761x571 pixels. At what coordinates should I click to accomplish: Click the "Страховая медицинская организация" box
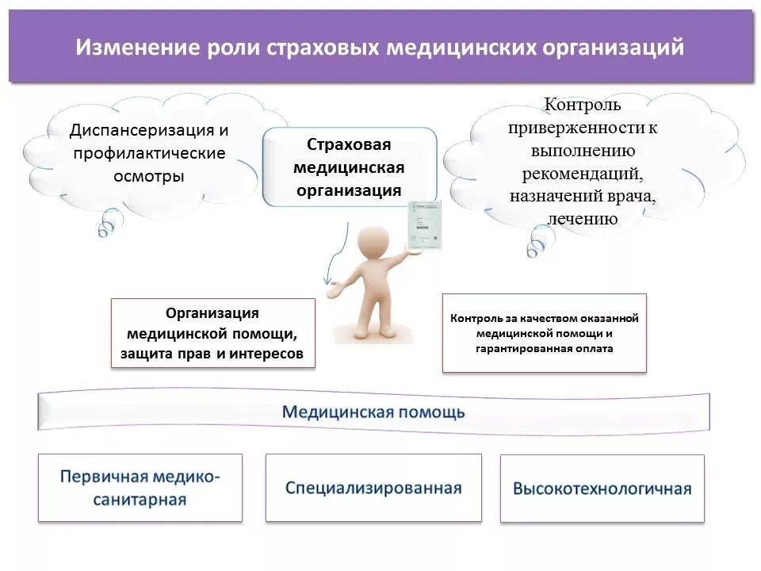pos(349,168)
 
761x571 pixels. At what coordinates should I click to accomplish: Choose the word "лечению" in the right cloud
pos(583,220)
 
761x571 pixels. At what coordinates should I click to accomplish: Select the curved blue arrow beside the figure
pos(338,254)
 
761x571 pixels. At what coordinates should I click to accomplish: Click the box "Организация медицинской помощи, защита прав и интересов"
pos(212,333)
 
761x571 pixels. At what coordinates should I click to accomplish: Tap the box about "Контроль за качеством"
pos(544,333)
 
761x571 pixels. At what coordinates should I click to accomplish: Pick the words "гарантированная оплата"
pos(545,348)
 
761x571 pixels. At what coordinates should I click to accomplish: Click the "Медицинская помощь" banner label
pos(373,412)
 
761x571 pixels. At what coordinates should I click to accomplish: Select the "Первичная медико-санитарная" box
pos(140,488)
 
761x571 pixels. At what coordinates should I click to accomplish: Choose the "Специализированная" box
pos(373,488)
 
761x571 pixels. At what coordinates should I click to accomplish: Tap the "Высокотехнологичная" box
pos(602,489)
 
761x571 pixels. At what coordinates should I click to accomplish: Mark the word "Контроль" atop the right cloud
pos(582,105)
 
